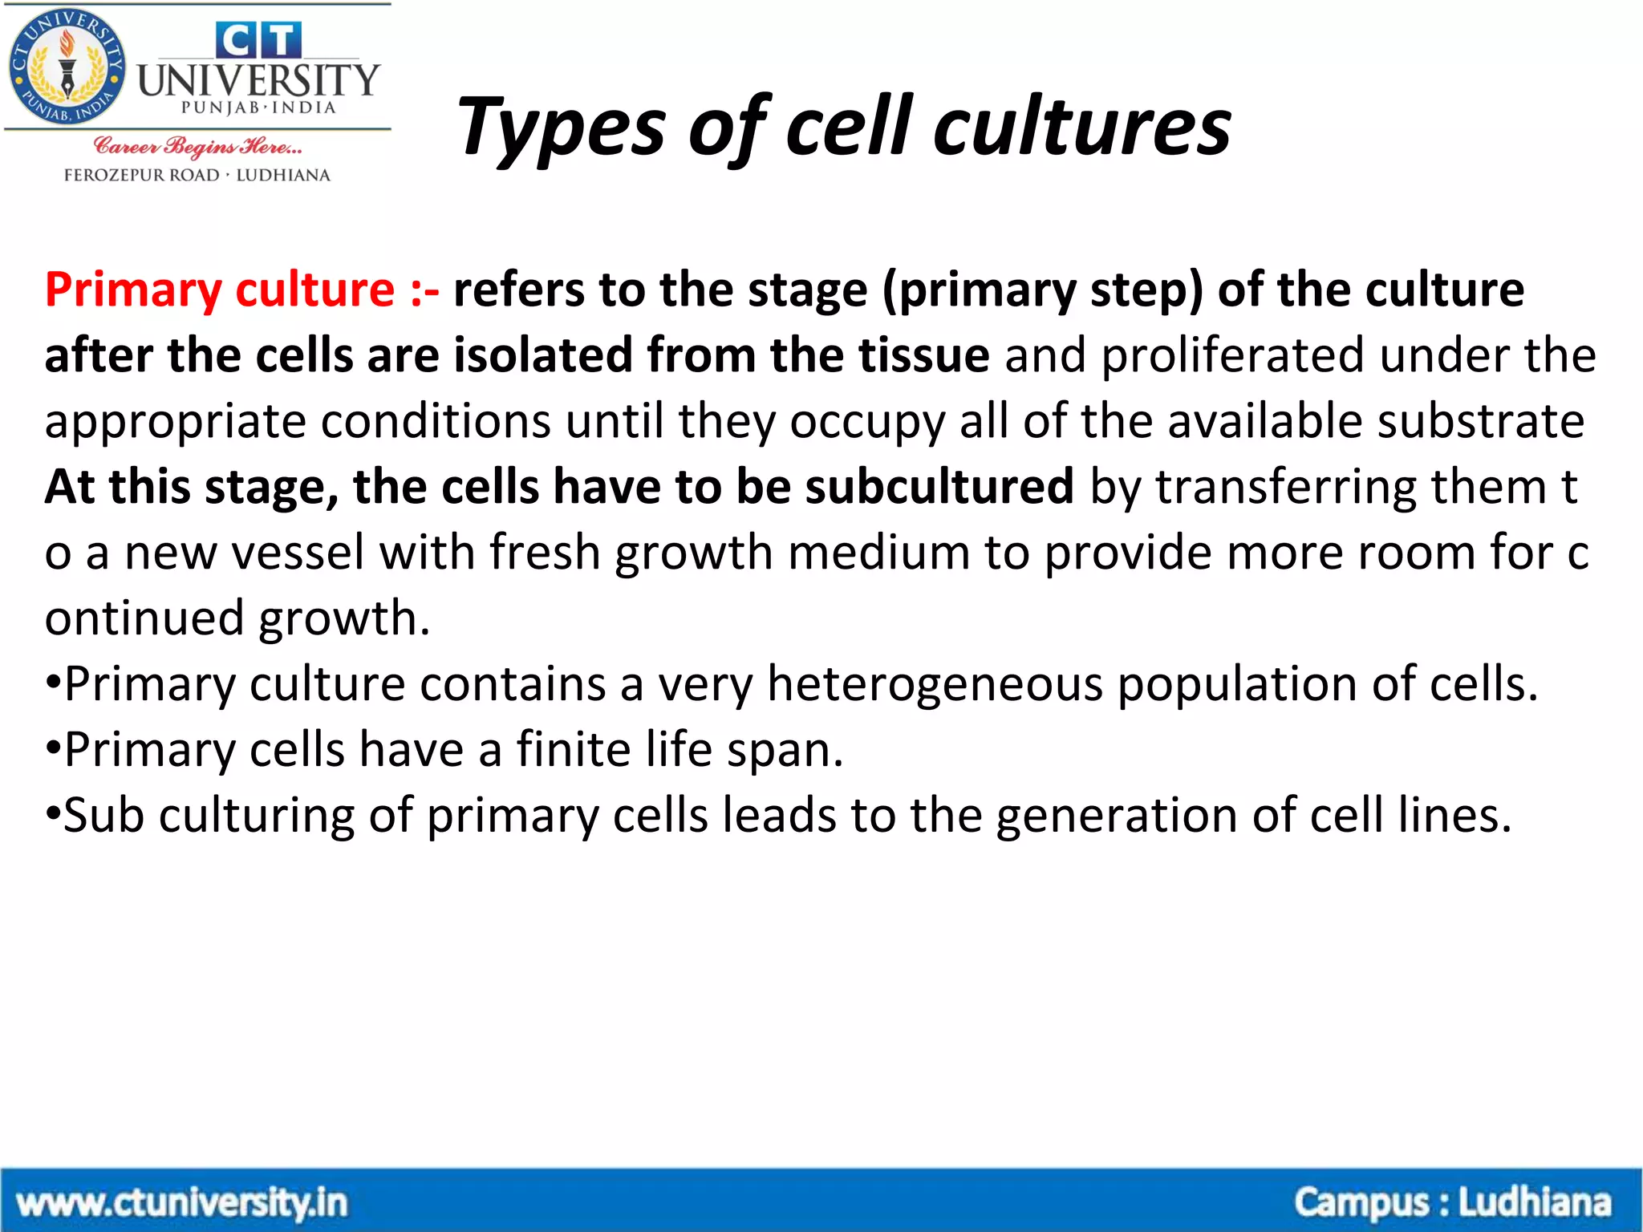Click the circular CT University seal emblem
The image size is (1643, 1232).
point(67,67)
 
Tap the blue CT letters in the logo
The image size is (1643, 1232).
point(258,40)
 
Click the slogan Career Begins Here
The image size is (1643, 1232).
point(197,147)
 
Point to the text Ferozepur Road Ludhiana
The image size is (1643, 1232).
point(197,175)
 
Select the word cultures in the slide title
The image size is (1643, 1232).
point(1082,127)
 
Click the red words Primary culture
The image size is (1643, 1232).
point(219,290)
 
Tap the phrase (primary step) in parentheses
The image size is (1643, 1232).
point(1043,290)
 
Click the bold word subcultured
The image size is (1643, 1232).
point(939,487)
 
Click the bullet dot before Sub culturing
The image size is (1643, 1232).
point(53,817)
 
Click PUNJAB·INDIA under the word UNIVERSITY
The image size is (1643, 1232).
point(258,107)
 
